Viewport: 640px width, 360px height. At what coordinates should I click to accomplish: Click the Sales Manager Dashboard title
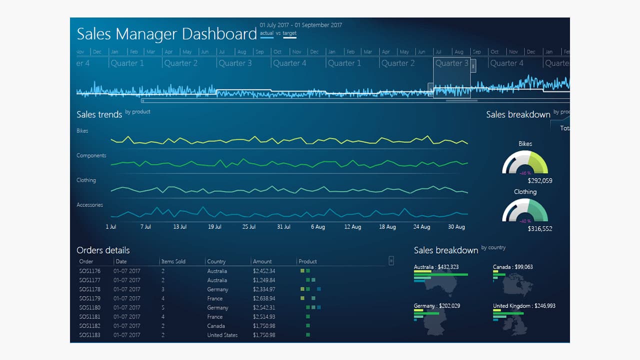[166, 34]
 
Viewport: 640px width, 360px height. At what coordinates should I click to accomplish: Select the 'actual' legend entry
[266, 33]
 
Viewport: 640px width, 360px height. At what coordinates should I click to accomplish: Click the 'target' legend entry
[289, 33]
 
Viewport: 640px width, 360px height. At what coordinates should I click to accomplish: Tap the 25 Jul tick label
[249, 227]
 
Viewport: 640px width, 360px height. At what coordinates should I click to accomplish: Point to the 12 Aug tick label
[352, 227]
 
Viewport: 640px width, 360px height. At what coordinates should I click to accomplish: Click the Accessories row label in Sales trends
[89, 205]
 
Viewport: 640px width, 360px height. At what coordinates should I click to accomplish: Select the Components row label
[91, 155]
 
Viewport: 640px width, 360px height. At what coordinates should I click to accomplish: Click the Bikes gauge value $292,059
[540, 181]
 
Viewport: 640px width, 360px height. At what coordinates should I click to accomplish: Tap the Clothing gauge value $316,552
[540, 229]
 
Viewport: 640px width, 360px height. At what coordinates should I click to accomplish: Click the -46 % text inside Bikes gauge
[524, 172]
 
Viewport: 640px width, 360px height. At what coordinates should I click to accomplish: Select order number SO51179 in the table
[89, 298]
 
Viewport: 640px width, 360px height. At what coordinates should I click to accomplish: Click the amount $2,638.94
[264, 298]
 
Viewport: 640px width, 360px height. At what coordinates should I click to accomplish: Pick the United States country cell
[222, 335]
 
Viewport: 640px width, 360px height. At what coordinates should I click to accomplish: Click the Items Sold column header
[173, 261]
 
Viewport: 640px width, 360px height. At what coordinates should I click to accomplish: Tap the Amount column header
[262, 261]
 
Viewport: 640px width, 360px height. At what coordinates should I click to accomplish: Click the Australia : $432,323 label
[436, 267]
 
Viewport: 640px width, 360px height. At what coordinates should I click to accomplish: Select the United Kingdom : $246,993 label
[524, 306]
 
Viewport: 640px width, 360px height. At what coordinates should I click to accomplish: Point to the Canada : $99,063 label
[512, 267]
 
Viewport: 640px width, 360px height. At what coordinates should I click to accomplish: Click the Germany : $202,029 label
[436, 306]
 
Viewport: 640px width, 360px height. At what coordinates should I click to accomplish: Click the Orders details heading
[103, 250]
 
